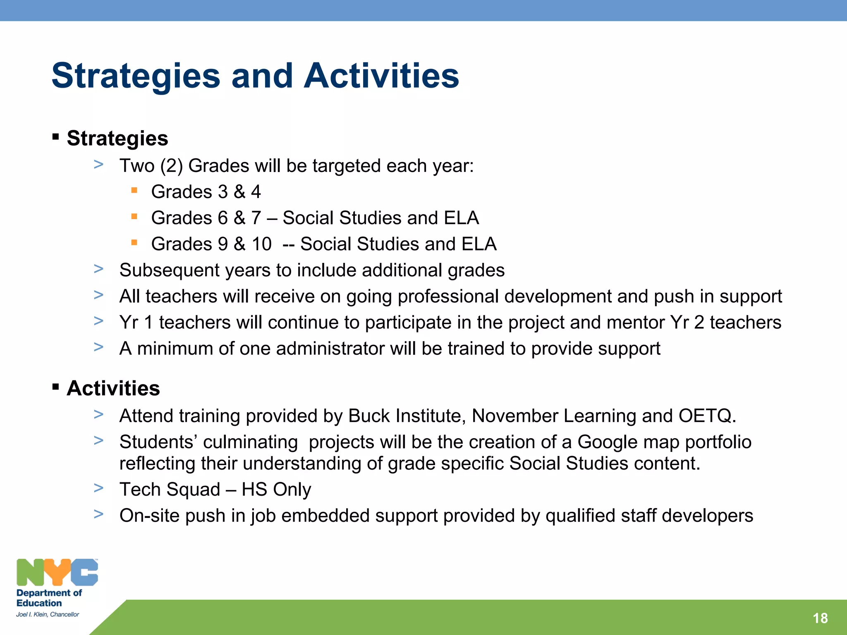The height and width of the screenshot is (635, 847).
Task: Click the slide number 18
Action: tap(820, 618)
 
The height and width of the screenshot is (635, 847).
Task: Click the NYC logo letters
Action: tap(57, 573)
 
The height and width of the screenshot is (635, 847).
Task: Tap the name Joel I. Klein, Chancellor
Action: tap(48, 614)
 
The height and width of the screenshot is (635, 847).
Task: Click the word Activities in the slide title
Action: tap(381, 76)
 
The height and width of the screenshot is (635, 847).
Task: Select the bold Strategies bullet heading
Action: tap(117, 138)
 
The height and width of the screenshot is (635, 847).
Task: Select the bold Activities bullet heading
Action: tap(113, 388)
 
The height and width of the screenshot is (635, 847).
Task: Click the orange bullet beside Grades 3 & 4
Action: tap(134, 190)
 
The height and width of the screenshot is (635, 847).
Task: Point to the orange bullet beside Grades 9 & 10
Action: tap(134, 243)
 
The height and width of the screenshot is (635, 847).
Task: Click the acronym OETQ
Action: tap(706, 416)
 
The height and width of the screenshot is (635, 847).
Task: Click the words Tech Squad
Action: tap(170, 490)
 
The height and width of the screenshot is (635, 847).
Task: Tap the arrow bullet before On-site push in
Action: tap(98, 514)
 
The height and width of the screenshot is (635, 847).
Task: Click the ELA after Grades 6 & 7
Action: tap(461, 218)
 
